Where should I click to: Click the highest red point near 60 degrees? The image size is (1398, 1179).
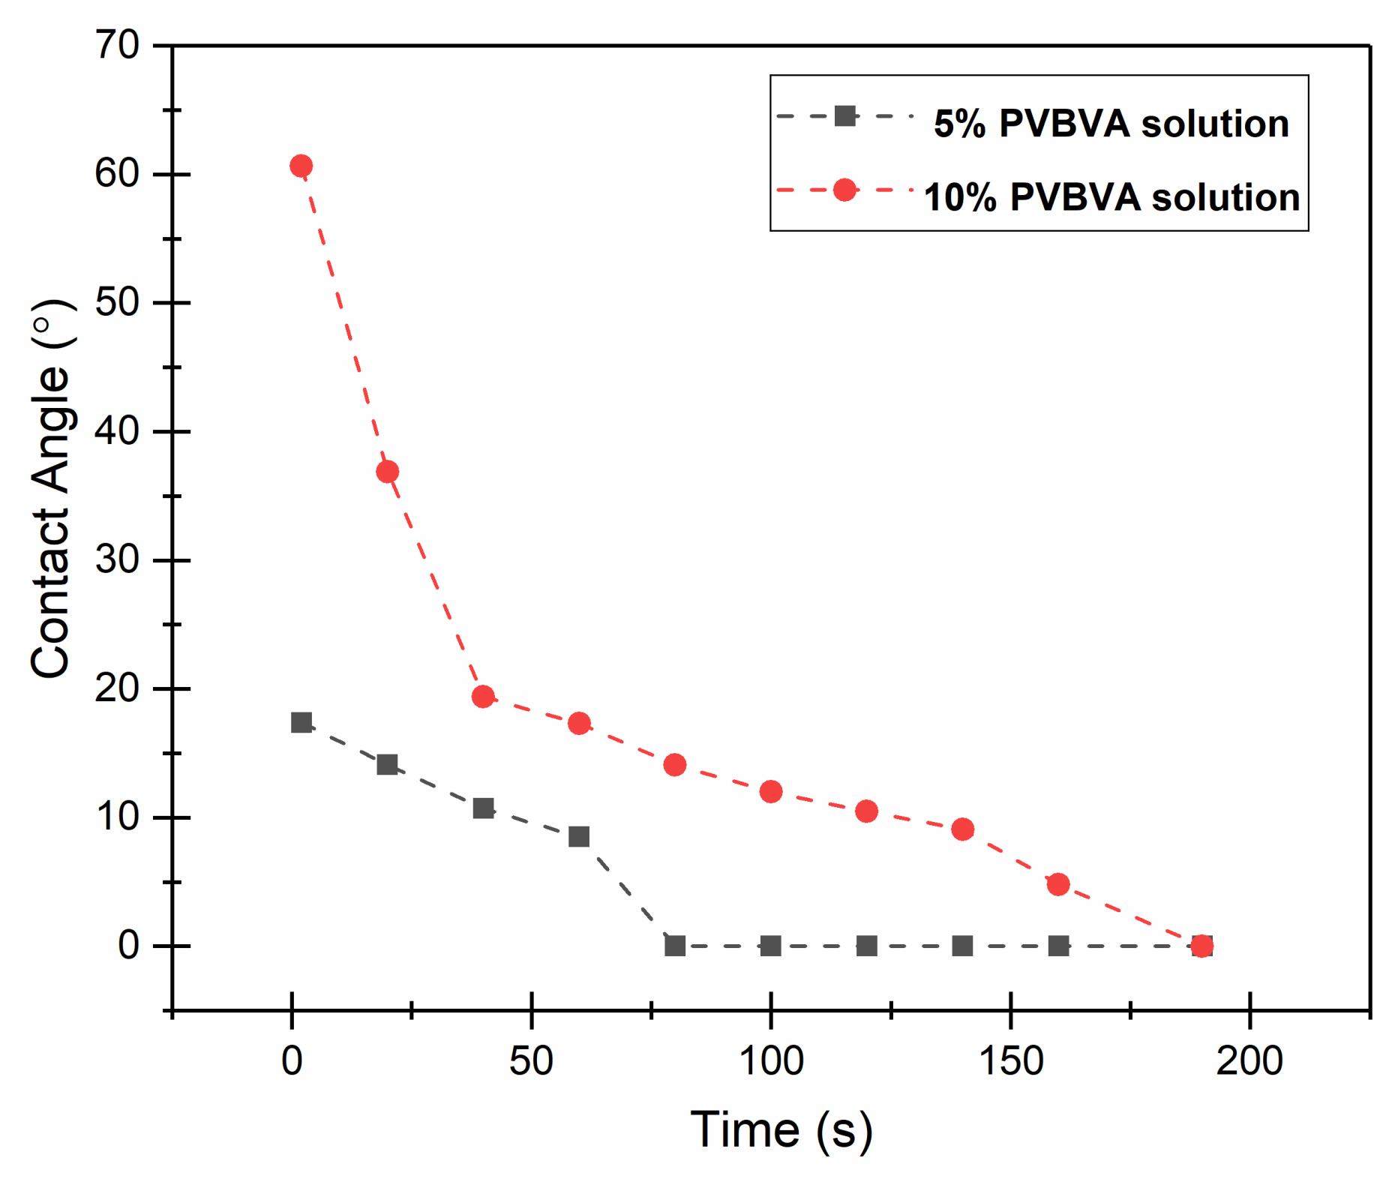(301, 166)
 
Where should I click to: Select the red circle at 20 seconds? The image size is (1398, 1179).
(387, 472)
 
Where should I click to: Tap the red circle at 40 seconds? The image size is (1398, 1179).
(483, 697)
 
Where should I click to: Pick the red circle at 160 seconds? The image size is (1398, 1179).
(1058, 884)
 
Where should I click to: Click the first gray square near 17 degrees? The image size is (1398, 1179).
(301, 723)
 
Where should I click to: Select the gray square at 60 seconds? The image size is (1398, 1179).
(579, 836)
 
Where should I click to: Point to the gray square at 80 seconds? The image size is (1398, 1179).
(675, 946)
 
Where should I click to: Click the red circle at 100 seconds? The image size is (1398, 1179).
(771, 791)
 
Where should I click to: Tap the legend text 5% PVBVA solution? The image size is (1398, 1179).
(1111, 124)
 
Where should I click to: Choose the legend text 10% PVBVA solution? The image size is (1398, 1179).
(1111, 197)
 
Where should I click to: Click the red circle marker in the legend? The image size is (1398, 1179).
(844, 190)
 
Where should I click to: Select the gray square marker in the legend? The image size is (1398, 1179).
(844, 116)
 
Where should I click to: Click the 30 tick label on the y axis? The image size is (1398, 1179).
(117, 559)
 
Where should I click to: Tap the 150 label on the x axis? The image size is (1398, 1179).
(1011, 1061)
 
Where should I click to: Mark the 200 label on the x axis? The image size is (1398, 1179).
(1249, 1061)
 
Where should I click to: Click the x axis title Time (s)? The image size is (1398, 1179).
(781, 1130)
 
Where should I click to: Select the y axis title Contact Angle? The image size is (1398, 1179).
(51, 489)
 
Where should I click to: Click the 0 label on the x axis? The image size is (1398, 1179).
(292, 1061)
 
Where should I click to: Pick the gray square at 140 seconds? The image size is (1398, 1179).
(962, 946)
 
